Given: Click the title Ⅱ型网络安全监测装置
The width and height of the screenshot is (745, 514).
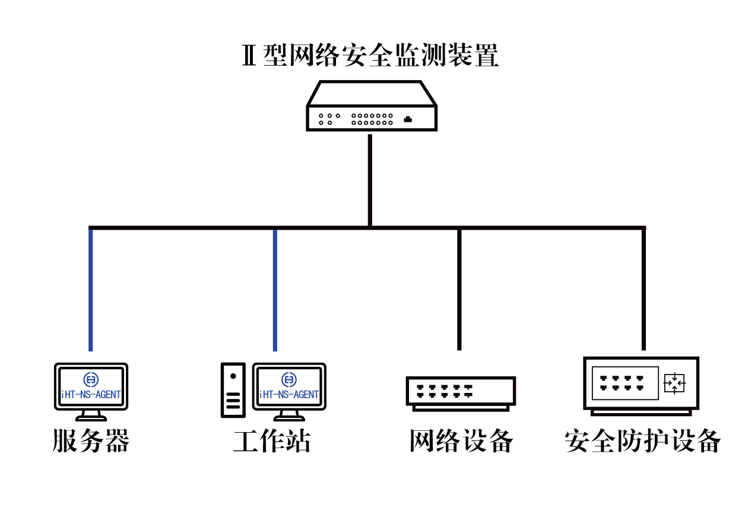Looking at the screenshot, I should point(370,55).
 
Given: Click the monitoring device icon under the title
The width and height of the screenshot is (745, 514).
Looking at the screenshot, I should point(372,107).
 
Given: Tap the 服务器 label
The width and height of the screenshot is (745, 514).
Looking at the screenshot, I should point(91,441).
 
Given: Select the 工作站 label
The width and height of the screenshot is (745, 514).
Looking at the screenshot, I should point(272,441).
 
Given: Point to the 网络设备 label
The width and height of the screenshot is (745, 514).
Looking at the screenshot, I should point(461,441).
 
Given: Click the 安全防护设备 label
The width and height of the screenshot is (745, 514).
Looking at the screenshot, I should point(642,441).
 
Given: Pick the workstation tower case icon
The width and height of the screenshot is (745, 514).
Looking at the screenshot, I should point(233,390).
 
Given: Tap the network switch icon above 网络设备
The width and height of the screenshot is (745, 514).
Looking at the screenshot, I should point(461,392).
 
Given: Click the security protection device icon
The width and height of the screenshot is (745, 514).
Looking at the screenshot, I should point(641,384).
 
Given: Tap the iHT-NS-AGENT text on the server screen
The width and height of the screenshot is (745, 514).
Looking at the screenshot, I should point(91,394).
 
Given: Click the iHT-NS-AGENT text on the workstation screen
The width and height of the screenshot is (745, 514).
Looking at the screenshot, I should point(290,394).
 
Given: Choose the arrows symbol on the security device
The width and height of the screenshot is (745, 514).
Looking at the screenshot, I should point(674,383).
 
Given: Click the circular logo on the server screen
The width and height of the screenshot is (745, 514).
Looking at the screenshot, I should point(91,379).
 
